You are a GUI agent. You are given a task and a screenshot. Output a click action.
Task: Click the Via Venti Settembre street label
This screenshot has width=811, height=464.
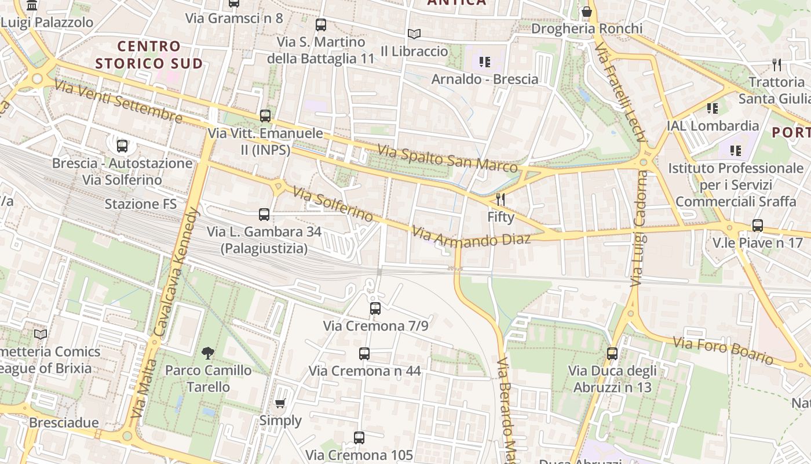(118, 102)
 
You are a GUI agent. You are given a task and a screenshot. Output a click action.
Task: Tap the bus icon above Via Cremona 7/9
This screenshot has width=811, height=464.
(375, 309)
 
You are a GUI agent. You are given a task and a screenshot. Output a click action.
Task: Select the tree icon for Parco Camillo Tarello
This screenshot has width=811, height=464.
(207, 353)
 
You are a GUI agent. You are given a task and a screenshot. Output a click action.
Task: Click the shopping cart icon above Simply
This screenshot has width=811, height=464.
(280, 403)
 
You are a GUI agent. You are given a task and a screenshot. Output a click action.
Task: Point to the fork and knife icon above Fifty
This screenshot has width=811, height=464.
(501, 200)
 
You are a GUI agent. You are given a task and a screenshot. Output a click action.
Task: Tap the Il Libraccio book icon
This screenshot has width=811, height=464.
(414, 34)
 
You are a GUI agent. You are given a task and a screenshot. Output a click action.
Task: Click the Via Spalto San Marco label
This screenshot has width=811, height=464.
(447, 158)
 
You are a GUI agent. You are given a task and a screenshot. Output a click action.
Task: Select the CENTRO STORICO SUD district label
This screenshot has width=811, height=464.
(149, 55)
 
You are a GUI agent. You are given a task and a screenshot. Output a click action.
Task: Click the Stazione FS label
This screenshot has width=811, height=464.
(141, 204)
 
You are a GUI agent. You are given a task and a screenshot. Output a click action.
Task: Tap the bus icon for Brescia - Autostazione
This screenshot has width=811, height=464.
(122, 146)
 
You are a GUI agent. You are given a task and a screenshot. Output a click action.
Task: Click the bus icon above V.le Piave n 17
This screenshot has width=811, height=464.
(757, 226)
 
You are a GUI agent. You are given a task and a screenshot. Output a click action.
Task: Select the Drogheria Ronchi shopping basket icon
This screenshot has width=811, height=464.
(587, 12)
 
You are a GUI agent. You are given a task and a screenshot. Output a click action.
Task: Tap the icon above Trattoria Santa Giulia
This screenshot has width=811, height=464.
(777, 64)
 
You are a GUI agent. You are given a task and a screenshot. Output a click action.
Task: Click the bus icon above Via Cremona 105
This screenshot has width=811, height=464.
(359, 438)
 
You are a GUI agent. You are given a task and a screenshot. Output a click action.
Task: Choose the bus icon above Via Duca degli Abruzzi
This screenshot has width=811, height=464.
(612, 353)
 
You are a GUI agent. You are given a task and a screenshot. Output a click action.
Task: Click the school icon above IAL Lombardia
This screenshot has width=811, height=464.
(713, 108)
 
